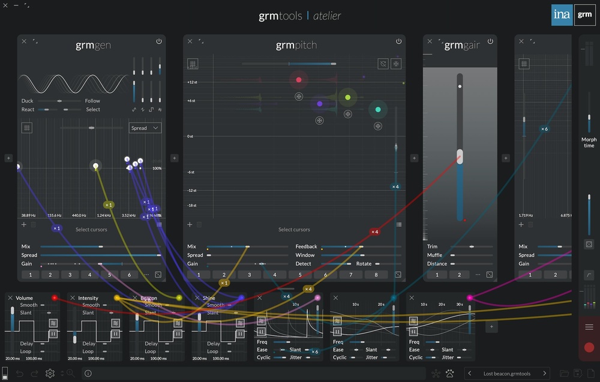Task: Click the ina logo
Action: (562, 15)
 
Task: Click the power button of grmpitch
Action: (398, 41)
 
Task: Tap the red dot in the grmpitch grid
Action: (299, 80)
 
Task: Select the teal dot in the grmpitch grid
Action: (378, 109)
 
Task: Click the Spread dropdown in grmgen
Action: (145, 128)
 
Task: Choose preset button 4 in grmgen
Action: (90, 275)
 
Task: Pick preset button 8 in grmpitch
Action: (377, 275)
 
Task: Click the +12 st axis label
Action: (192, 82)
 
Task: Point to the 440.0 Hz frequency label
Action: (79, 215)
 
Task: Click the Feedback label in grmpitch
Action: (306, 246)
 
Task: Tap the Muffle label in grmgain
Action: (434, 255)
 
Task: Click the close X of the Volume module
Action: (10, 297)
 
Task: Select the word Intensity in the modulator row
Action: (88, 298)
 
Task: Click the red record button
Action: (589, 347)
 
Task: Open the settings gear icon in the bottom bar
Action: (50, 374)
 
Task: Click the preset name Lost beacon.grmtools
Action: (507, 374)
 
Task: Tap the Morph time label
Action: (589, 143)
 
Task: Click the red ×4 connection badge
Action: (374, 231)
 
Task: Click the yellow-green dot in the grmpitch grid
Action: (347, 97)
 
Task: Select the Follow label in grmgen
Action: (92, 101)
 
